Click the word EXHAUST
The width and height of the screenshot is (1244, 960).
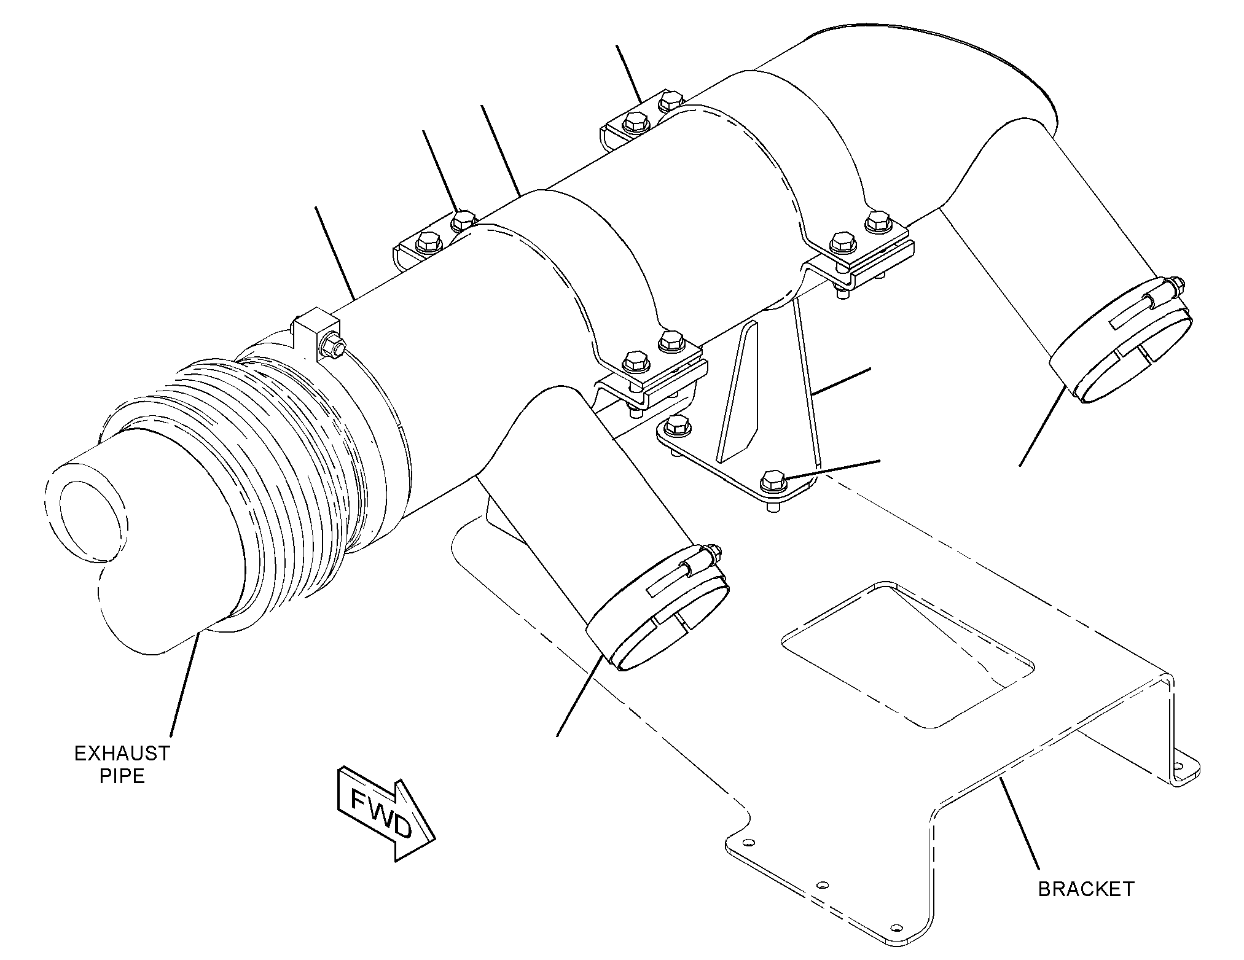click(122, 753)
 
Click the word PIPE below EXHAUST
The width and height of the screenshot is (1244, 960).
click(122, 776)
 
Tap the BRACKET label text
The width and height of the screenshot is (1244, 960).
click(1086, 889)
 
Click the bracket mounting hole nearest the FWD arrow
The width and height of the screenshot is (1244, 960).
click(748, 843)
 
